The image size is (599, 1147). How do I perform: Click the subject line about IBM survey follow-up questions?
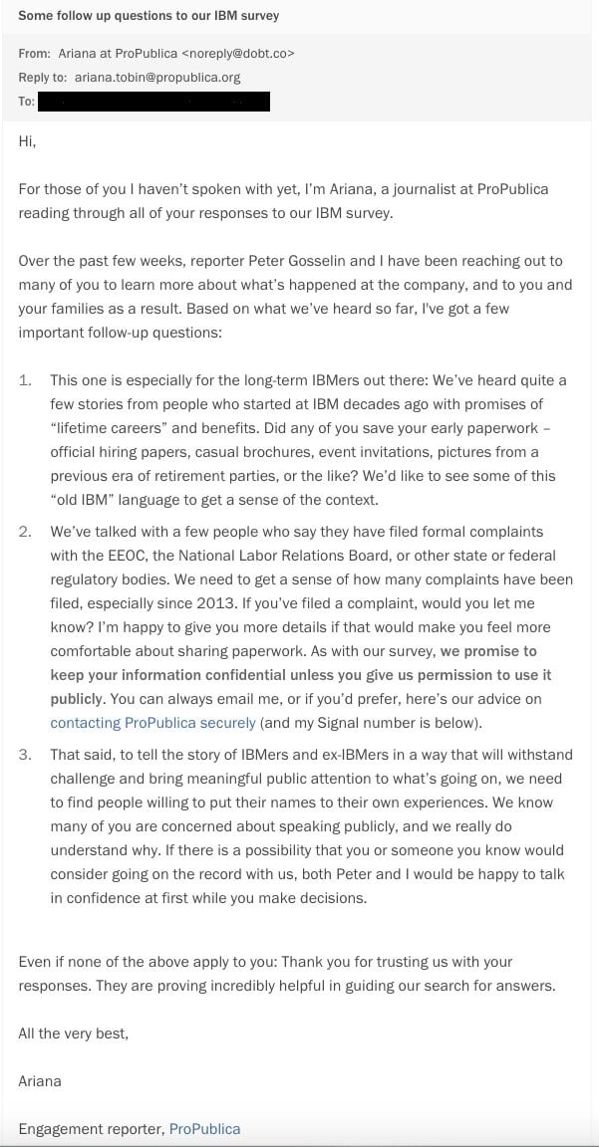coord(149,16)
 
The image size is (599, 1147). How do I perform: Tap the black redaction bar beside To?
coord(153,102)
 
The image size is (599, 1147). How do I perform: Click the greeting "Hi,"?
coord(27,141)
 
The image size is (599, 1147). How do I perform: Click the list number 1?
coord(26,380)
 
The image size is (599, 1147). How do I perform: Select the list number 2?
coord(26,532)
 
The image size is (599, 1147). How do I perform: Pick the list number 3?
coord(26,755)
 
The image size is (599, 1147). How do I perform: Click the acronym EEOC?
coord(118,556)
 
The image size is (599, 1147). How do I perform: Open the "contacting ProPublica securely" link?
coord(152,723)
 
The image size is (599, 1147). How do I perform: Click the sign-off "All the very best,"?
coord(73,1033)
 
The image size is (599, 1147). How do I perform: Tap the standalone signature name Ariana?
coord(40,1081)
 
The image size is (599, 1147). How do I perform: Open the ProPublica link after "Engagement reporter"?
coord(204,1129)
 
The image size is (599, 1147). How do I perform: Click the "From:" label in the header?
coord(34,54)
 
